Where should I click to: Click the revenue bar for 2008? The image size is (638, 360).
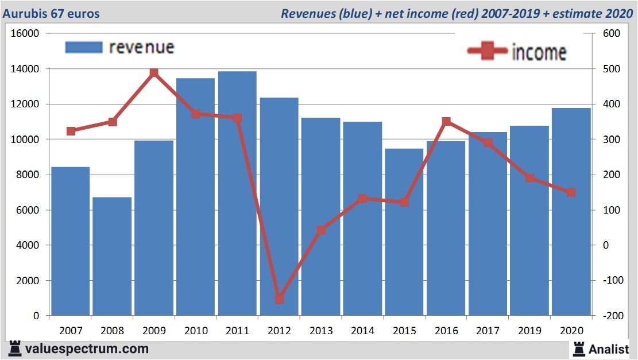[112, 256]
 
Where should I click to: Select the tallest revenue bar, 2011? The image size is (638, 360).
[237, 193]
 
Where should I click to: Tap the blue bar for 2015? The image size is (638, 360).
[404, 232]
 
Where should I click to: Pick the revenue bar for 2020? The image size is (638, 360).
[571, 211]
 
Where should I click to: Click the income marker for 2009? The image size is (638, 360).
[154, 73]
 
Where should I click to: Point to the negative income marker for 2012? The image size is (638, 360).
[279, 299]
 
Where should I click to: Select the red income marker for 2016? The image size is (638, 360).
[446, 122]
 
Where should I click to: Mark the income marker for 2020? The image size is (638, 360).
[571, 192]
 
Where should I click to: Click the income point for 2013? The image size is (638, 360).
[321, 230]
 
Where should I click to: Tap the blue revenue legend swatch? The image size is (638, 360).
[83, 47]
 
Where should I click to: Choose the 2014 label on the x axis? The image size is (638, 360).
[362, 331]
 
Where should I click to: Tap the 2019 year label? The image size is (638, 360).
[529, 331]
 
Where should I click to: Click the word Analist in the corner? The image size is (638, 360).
[609, 349]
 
